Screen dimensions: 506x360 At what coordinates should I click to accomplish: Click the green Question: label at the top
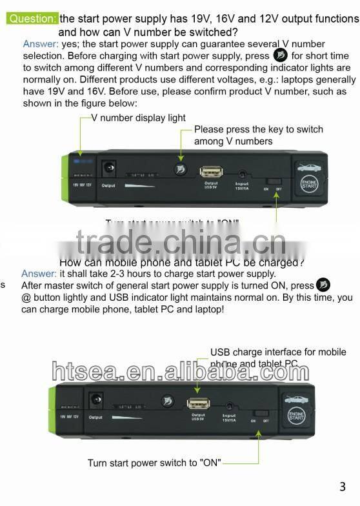pos(33,19)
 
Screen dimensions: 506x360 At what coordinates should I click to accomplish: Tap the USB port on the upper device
pos(211,172)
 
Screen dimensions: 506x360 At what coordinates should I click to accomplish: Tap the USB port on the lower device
pos(197,403)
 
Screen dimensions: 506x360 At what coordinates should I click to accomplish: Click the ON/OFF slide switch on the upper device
pos(275,184)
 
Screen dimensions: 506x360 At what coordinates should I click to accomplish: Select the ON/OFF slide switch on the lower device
pos(261,413)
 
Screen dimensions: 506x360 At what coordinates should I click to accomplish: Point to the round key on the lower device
pos(166,402)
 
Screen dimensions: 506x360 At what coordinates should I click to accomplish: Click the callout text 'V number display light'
pos(138,117)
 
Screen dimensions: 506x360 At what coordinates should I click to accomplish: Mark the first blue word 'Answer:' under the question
pos(41,44)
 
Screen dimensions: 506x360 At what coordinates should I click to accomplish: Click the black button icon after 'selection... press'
pos(279,56)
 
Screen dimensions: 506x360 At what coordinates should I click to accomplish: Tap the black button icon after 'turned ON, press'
pos(323,285)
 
